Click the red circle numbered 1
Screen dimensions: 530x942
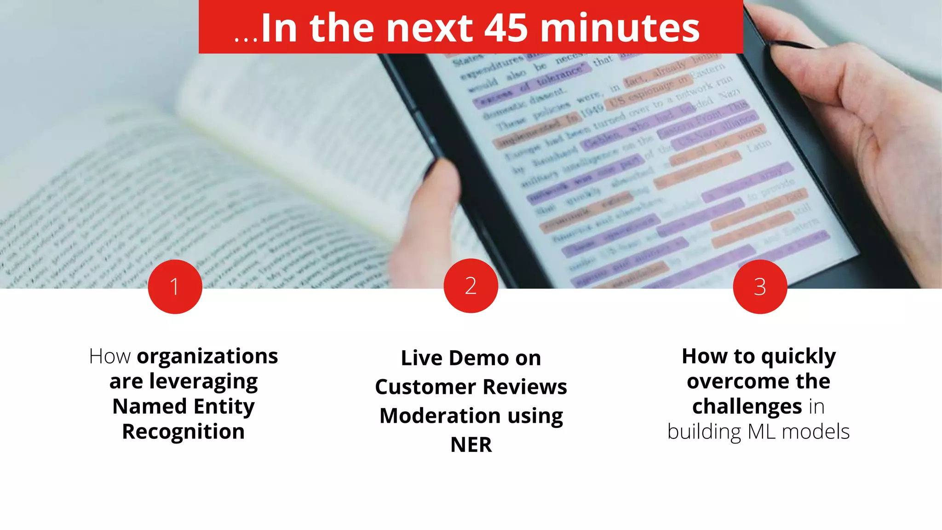(x=175, y=287)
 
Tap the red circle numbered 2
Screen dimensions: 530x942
(x=471, y=286)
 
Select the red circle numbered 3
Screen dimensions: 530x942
(x=760, y=287)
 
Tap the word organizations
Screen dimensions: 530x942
(x=207, y=357)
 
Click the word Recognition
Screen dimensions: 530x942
(x=183, y=432)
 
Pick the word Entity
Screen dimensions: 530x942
(x=224, y=407)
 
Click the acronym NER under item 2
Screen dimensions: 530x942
(x=471, y=445)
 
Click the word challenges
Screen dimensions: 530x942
(x=747, y=407)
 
